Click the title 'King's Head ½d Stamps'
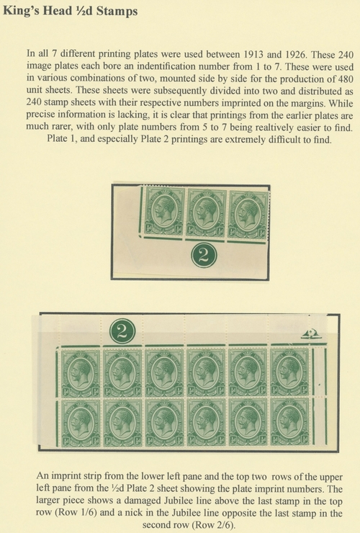pos(71,11)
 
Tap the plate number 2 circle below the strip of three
pos(204,255)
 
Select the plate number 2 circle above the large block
pos(122,331)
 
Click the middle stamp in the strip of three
pos(206,212)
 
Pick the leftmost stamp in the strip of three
pos(164,211)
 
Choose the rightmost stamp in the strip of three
pos(248,215)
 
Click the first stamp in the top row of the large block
pos(81,373)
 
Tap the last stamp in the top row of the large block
pos(290,372)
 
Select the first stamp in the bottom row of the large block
pos(81,423)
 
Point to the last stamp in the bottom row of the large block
pos(290,422)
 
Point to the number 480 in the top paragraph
pos(346,79)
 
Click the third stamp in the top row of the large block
pos(164,373)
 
